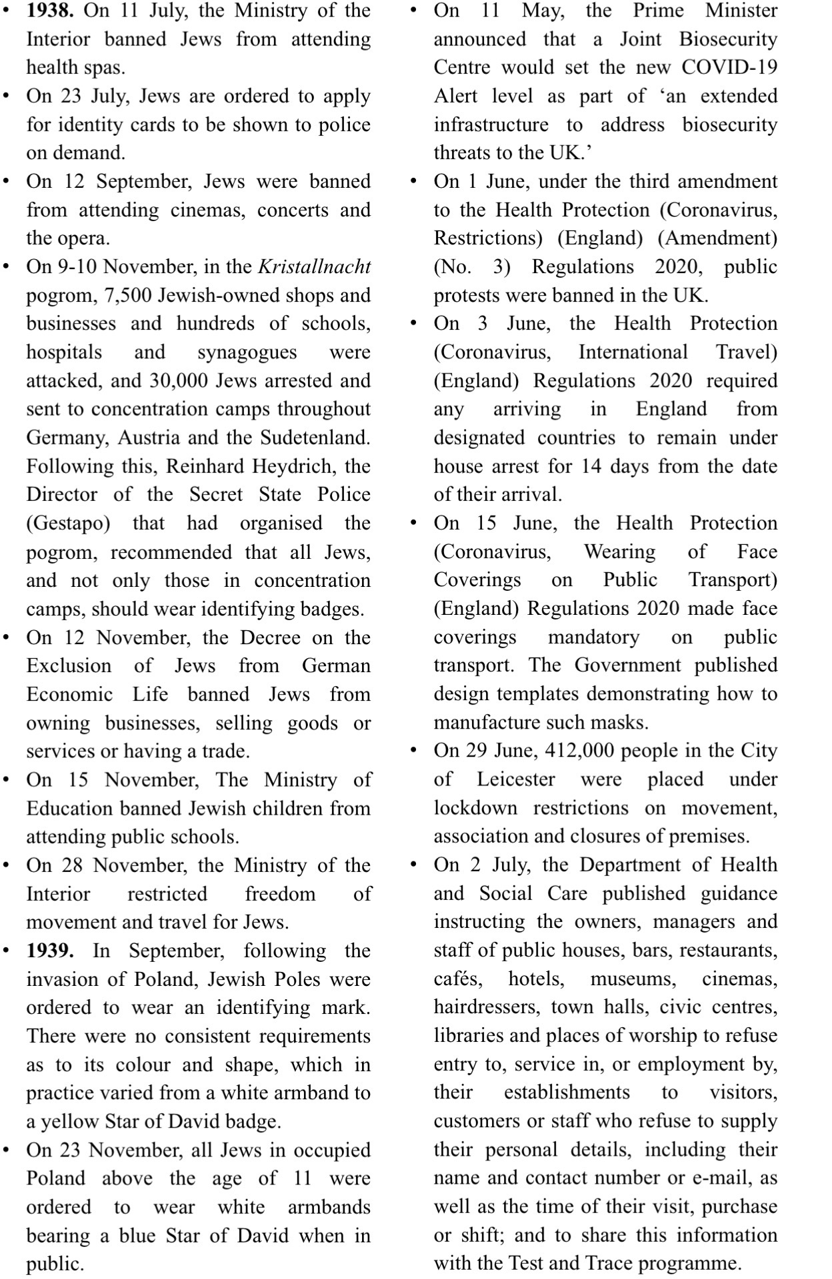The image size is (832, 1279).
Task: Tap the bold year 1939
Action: click(50, 951)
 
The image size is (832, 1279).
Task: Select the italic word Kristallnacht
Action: click(314, 267)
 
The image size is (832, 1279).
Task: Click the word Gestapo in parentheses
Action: click(68, 524)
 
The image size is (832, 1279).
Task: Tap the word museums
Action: click(633, 979)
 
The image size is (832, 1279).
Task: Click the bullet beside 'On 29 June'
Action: click(414, 751)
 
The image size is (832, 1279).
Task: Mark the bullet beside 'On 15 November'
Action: click(7, 779)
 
